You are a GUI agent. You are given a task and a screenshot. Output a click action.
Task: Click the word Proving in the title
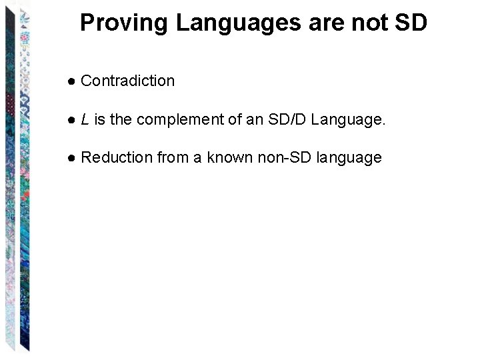pyautogui.click(x=125, y=23)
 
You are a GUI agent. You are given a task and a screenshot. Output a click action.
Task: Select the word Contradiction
pyautogui.click(x=127, y=81)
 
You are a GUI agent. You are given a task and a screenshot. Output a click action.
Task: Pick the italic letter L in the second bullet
pyautogui.click(x=85, y=120)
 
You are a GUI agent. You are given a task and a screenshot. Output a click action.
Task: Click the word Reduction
pyautogui.click(x=117, y=158)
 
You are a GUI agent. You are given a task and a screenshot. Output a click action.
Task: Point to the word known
pyautogui.click(x=228, y=158)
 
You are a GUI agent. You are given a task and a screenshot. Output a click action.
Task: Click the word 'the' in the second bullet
pyautogui.click(x=121, y=120)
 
